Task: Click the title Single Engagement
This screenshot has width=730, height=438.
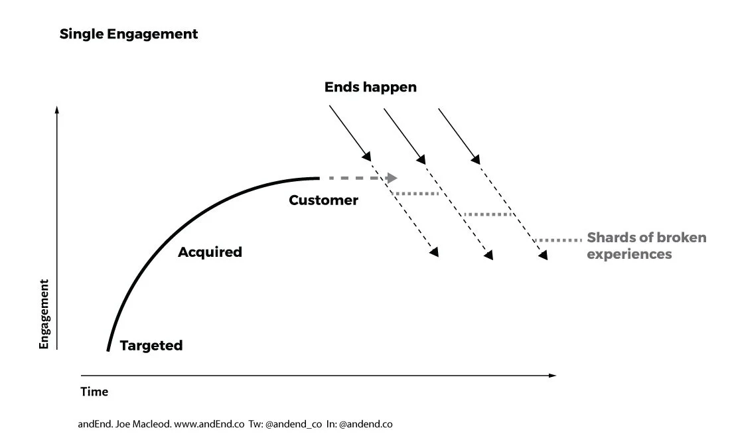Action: pyautogui.click(x=129, y=34)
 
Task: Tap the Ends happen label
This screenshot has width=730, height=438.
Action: pyautogui.click(x=370, y=87)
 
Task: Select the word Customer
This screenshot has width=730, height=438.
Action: pyautogui.click(x=323, y=200)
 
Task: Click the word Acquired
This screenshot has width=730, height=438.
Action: pyautogui.click(x=210, y=252)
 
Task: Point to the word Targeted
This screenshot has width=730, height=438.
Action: pyautogui.click(x=151, y=345)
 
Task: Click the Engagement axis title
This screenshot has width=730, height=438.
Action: pyautogui.click(x=44, y=314)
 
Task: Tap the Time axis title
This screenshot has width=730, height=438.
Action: pyautogui.click(x=94, y=392)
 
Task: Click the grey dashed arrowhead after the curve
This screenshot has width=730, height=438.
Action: pyautogui.click(x=392, y=178)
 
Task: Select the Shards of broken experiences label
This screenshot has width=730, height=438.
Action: pyautogui.click(x=646, y=246)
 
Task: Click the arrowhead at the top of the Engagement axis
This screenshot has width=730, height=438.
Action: pyautogui.click(x=58, y=110)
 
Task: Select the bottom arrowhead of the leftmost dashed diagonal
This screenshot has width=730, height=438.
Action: pyautogui.click(x=435, y=253)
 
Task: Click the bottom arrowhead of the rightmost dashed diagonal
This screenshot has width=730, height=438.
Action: pyautogui.click(x=544, y=256)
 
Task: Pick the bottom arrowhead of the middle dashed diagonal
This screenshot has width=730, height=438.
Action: pyautogui.click(x=489, y=256)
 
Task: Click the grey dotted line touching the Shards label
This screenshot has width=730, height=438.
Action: pyautogui.click(x=558, y=240)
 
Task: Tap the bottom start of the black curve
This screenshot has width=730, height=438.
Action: pyautogui.click(x=108, y=349)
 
